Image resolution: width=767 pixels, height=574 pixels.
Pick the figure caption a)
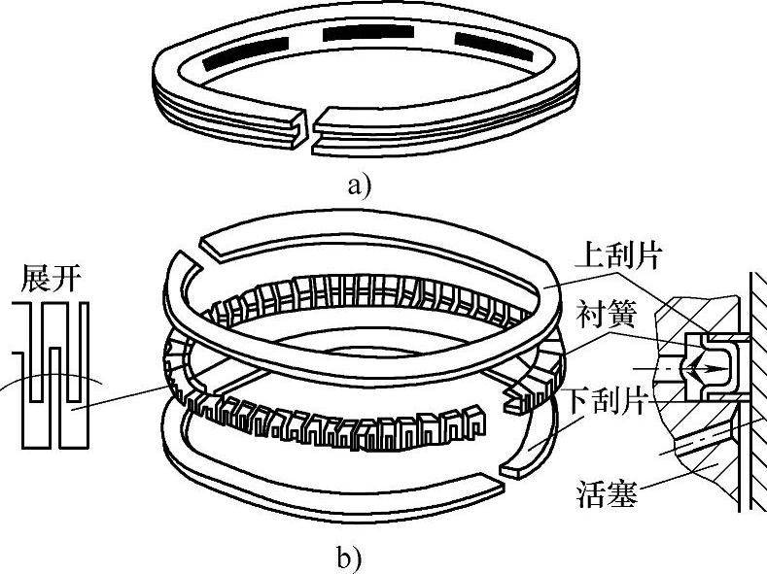(x=358, y=185)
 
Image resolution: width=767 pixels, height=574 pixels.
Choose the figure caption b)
(x=349, y=558)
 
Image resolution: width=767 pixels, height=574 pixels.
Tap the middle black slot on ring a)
(x=361, y=34)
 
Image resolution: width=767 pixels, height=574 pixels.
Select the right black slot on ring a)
(x=487, y=43)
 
